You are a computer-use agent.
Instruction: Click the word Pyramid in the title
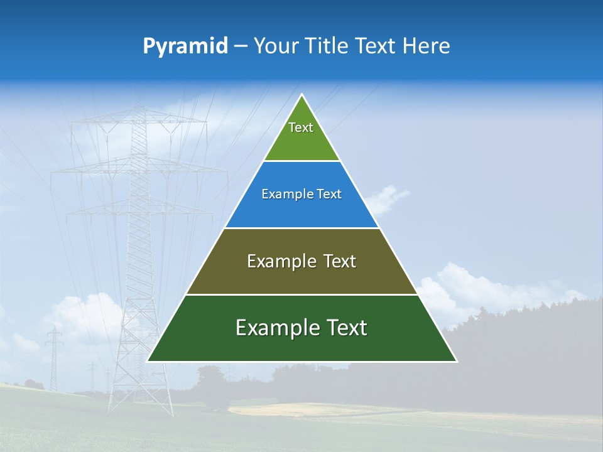[185, 46]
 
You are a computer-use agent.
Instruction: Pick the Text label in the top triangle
[301, 128]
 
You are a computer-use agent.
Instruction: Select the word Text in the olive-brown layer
[340, 261]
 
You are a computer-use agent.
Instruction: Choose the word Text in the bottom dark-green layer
[345, 328]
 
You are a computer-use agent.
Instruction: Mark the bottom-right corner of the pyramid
[456, 361]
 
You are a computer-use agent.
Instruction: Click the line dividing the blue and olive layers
[301, 228]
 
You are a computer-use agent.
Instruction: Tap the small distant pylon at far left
[54, 358]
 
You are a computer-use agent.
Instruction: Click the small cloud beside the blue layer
[386, 198]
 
